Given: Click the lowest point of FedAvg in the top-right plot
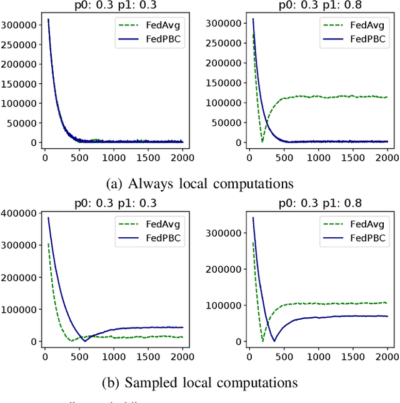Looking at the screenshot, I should [262, 142].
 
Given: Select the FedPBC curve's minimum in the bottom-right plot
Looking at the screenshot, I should [273, 341].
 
